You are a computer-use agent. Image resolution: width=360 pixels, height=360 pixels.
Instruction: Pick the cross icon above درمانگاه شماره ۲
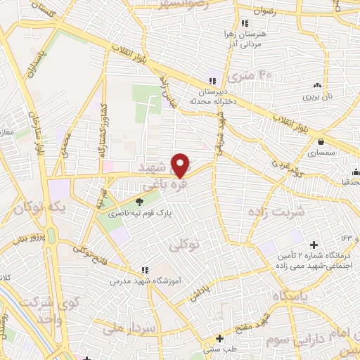[313, 244]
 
